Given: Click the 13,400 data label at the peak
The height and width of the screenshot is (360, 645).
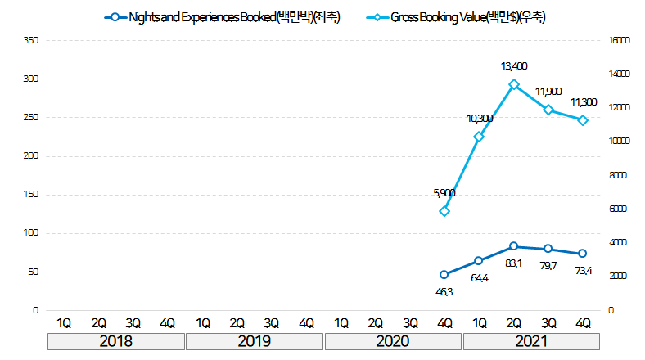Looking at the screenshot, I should [514, 65].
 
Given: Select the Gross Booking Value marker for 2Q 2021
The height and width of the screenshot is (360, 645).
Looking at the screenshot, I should [514, 84].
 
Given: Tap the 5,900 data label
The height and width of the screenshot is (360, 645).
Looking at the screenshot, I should [444, 193].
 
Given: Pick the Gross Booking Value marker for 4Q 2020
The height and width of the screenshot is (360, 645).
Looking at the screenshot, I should [444, 211].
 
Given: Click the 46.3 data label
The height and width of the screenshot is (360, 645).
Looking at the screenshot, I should [444, 291].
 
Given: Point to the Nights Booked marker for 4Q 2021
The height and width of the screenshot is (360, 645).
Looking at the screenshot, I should [583, 254].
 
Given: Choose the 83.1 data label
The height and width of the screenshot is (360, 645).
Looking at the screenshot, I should [514, 263].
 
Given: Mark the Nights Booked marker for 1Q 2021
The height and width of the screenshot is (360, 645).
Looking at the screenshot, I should [479, 261].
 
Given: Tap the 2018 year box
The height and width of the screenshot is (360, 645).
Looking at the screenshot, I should [115, 341].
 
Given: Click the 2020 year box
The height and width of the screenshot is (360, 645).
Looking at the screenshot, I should [393, 341].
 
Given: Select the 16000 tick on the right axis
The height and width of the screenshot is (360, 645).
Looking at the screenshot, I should [620, 40].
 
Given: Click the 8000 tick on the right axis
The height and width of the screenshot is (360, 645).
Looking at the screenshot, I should [618, 175].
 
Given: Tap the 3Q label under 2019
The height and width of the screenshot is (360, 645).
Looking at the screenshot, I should [272, 322].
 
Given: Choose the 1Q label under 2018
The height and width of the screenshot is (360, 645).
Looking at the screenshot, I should [64, 322].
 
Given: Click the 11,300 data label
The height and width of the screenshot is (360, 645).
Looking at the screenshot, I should [583, 102].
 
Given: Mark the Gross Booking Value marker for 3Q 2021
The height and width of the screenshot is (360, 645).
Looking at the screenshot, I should [548, 110].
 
